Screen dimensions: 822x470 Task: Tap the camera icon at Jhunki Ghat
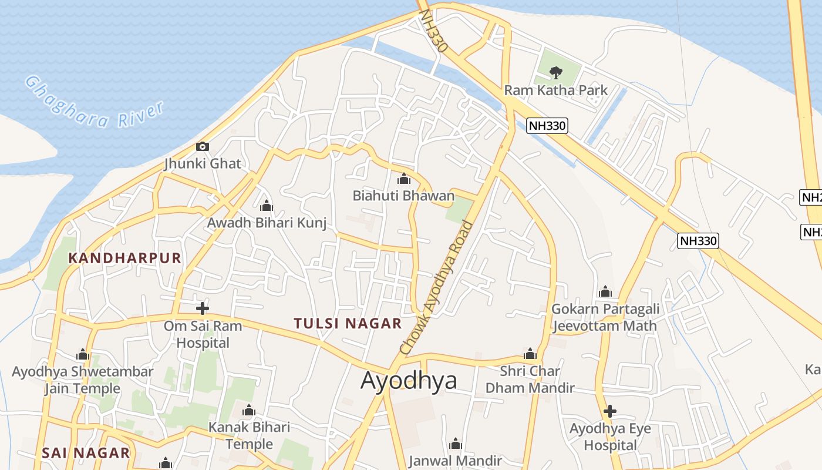(203, 146)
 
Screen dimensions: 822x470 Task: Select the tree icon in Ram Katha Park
(555, 73)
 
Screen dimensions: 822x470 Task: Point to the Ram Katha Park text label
(555, 90)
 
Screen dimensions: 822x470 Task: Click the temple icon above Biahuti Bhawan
(404, 179)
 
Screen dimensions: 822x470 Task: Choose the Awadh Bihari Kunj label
(267, 223)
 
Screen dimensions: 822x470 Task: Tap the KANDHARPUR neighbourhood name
(125, 258)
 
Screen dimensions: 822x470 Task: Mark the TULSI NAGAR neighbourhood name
(348, 323)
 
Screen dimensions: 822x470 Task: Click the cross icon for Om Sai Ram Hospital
(203, 308)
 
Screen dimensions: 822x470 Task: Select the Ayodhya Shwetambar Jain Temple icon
(83, 354)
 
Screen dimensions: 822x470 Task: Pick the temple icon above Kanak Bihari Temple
(249, 410)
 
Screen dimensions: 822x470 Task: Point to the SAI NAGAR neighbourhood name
(86, 453)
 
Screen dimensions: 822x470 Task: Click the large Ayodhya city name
(409, 381)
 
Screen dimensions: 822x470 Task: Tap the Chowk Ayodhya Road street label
(436, 288)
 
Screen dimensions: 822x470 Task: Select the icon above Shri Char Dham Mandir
(530, 354)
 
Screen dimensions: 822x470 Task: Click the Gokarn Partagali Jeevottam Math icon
(605, 291)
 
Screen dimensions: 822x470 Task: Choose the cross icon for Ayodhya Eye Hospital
(610, 411)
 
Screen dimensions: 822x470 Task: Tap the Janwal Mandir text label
(455, 461)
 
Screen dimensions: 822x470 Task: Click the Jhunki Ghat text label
(203, 163)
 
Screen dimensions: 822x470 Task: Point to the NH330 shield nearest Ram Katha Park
(547, 125)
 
